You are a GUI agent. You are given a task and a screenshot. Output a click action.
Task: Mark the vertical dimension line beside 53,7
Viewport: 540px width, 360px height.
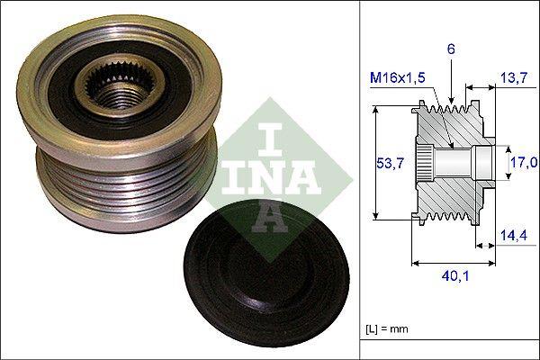pyautogui.click(x=373, y=163)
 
